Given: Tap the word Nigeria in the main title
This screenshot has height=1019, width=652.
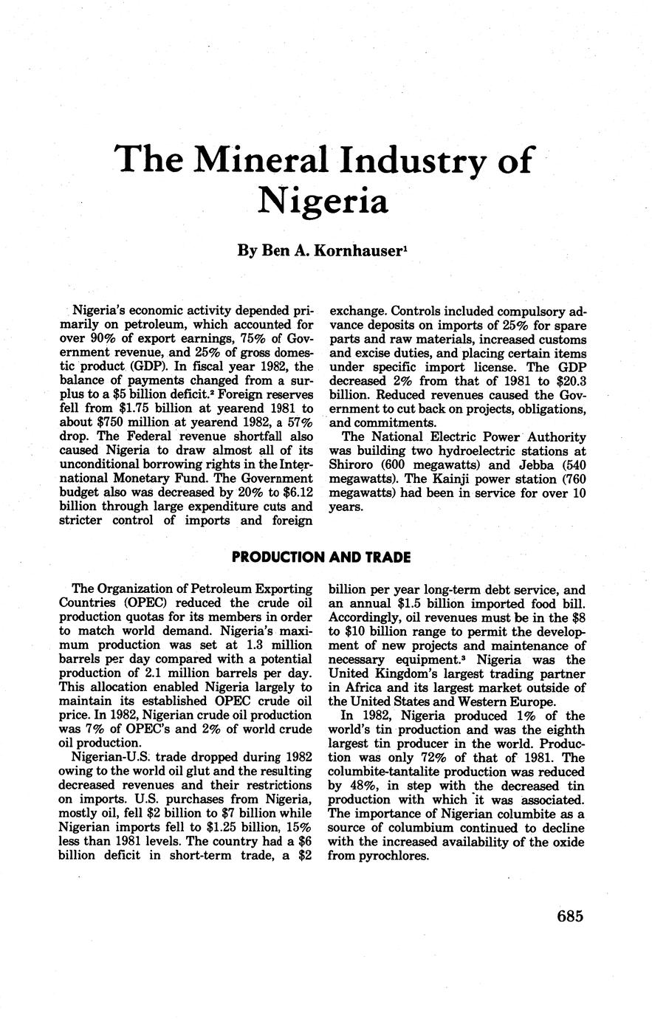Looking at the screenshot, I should pyautogui.click(x=323, y=199).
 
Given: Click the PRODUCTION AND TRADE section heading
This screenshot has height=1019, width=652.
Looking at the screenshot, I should pyautogui.click(x=321, y=557).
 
